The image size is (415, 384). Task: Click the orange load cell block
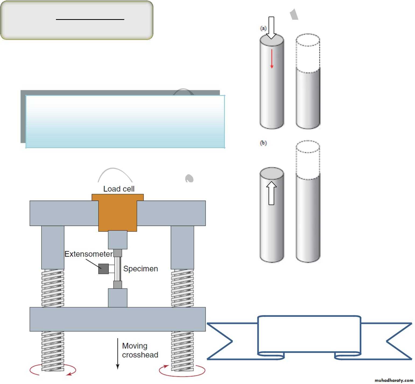118,213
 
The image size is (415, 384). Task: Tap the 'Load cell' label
119,189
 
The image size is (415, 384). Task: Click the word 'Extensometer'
88,254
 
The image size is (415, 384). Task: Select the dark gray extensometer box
103,269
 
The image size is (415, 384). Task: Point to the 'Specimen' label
140,269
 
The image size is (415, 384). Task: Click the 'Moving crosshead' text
140,350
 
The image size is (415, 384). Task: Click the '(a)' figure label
263,28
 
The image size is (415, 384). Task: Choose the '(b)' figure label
263,143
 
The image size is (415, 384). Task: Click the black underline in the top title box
90,19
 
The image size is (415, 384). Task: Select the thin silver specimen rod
118,269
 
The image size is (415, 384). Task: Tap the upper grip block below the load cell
118,240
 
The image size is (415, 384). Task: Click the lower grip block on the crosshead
118,298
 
